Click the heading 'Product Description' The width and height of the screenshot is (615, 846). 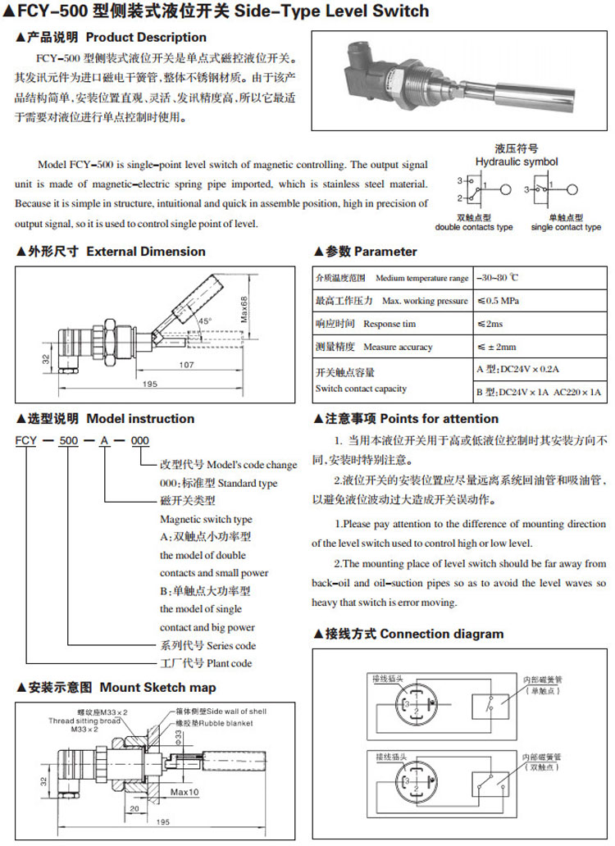pyautogui.click(x=146, y=37)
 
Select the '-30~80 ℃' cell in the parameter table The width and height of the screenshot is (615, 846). pyautogui.click(x=504, y=278)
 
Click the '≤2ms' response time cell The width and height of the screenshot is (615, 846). pyautogui.click(x=492, y=324)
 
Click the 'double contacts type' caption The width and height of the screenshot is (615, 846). pyautogui.click(x=473, y=227)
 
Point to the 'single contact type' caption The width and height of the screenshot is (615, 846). pyautogui.click(x=565, y=227)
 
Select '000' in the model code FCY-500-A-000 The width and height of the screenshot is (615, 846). pyautogui.click(x=140, y=441)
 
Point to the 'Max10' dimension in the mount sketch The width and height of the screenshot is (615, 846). pyautogui.click(x=185, y=793)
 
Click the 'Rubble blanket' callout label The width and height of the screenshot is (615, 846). pyautogui.click(x=225, y=723)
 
